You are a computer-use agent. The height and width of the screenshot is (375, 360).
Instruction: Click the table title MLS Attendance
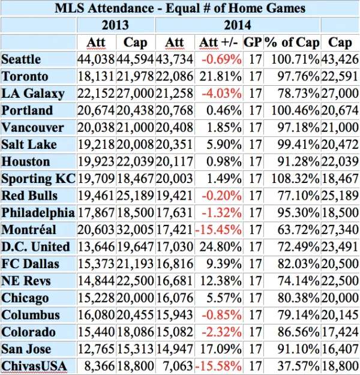click(x=180, y=8)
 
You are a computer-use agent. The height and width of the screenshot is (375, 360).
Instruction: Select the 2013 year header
click(x=116, y=25)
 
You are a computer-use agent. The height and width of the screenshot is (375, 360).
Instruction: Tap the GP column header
click(x=253, y=43)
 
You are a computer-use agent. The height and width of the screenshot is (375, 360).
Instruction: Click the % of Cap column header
click(x=292, y=43)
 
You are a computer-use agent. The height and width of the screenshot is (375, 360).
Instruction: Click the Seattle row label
click(x=22, y=59)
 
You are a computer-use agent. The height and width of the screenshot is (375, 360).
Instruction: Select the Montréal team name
click(x=29, y=230)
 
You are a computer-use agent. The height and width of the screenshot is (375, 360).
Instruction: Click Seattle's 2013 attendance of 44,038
click(x=97, y=59)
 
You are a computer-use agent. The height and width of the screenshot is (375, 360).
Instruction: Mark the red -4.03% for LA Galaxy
click(x=221, y=94)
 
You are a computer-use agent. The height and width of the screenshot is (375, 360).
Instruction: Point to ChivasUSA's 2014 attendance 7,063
click(x=176, y=366)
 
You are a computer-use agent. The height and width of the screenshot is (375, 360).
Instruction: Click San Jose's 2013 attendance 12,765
click(x=97, y=349)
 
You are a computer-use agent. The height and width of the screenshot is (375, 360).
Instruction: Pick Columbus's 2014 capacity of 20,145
click(x=340, y=315)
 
